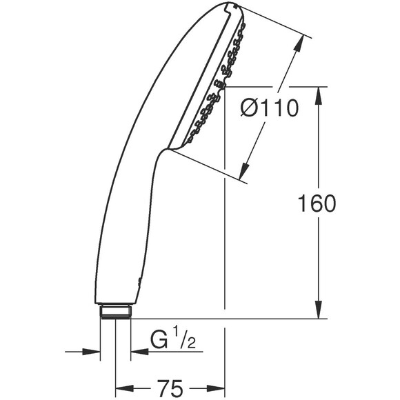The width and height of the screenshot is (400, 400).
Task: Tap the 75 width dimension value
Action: pos(170,386)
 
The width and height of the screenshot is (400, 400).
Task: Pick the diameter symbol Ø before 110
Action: pos(250,108)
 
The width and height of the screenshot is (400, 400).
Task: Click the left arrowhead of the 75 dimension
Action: pos(122,386)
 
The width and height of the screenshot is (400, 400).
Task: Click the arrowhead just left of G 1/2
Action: pos(137,351)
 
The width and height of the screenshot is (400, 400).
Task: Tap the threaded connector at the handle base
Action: pos(114,312)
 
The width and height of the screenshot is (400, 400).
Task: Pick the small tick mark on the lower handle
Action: pos(140,280)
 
